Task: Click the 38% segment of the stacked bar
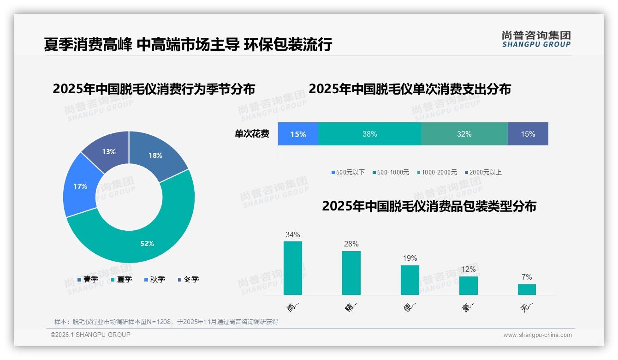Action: [369, 134]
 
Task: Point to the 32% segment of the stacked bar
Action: [464, 134]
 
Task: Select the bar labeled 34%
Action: [292, 268]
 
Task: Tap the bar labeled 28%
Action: [351, 272]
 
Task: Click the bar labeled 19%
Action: [410, 280]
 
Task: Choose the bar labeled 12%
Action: [468, 285]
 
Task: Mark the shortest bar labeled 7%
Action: [527, 289]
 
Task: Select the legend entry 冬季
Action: [188, 279]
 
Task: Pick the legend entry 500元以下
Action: [348, 172]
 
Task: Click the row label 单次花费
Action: [252, 134]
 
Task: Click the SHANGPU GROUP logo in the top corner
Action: [536, 39]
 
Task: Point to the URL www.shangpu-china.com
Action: [537, 335]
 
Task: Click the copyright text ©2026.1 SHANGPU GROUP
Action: [90, 335]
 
